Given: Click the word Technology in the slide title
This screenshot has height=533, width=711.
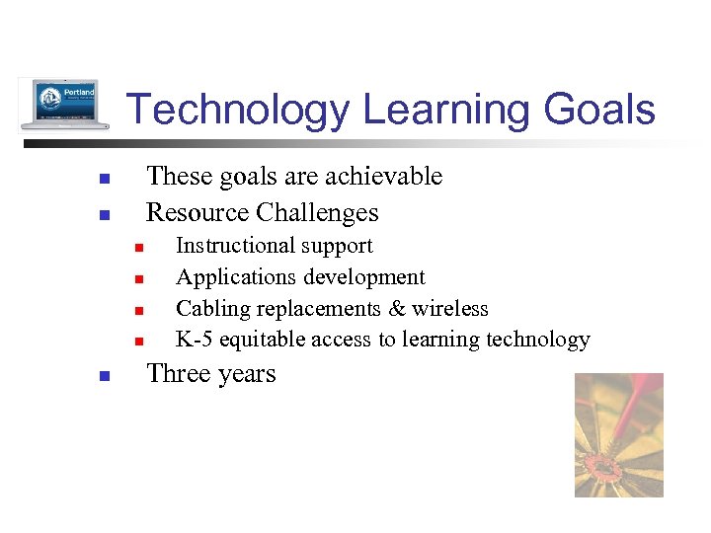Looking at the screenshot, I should pyautogui.click(x=237, y=110).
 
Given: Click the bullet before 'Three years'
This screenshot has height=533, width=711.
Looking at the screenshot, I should pyautogui.click(x=103, y=376).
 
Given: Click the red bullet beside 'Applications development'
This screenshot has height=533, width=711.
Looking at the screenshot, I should pyautogui.click(x=139, y=279).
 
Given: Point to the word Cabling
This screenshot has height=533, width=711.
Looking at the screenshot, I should pyautogui.click(x=213, y=309).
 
